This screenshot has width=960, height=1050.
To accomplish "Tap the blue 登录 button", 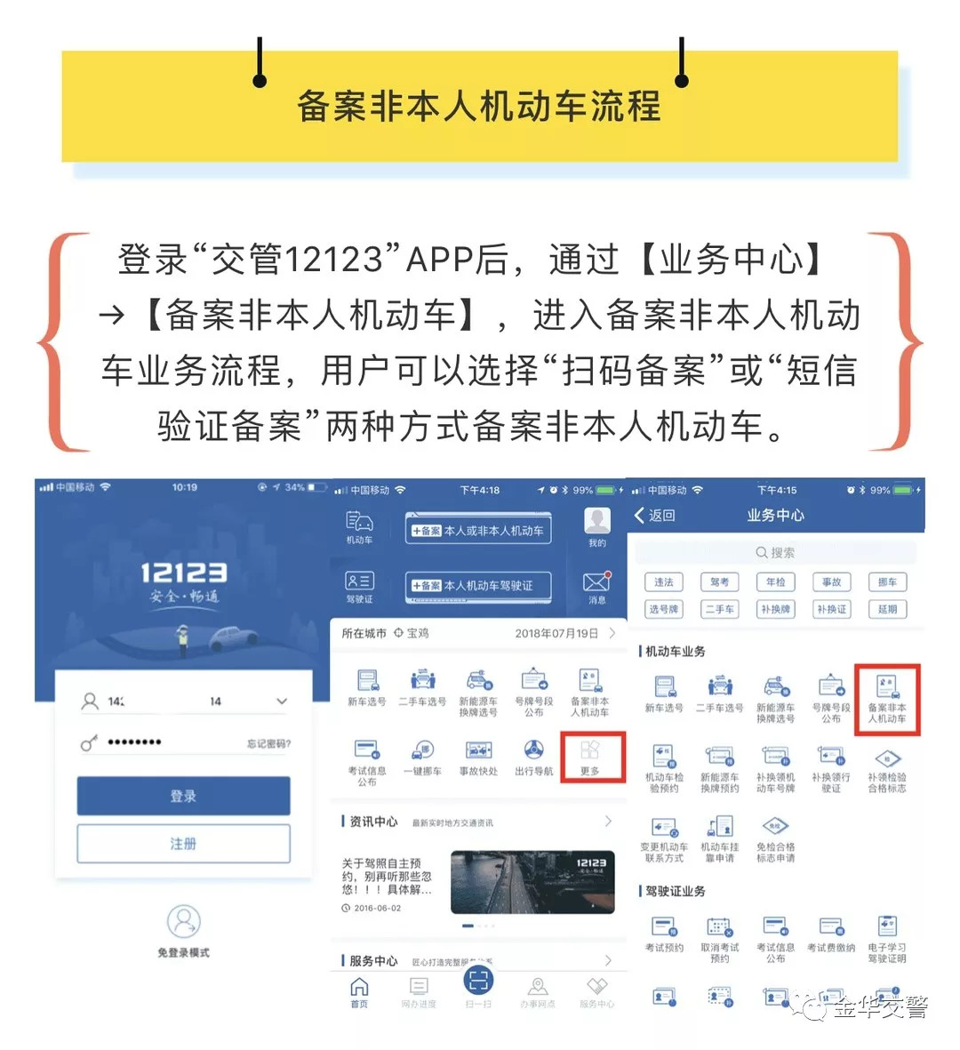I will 183,796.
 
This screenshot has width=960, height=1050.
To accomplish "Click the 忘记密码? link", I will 268,744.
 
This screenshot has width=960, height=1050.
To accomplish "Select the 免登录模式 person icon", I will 183,922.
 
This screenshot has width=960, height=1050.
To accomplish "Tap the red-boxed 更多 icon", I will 590,755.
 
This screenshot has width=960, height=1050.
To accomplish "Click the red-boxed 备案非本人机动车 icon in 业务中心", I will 886,699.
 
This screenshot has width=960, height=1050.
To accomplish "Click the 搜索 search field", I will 775,552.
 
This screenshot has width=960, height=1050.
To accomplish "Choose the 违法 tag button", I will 664,582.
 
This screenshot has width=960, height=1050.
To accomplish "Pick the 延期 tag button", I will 887,609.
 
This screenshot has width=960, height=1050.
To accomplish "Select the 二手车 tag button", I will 719,609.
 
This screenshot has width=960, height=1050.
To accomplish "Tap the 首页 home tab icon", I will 359,987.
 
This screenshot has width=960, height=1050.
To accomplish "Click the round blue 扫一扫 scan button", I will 478,981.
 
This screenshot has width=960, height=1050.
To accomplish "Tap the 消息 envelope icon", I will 596,582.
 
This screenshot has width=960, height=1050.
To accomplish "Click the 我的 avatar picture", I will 596,522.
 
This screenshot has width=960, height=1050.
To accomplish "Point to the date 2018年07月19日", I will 556,634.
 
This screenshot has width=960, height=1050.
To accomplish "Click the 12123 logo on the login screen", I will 183,573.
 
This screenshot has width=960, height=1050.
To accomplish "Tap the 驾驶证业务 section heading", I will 676,891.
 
